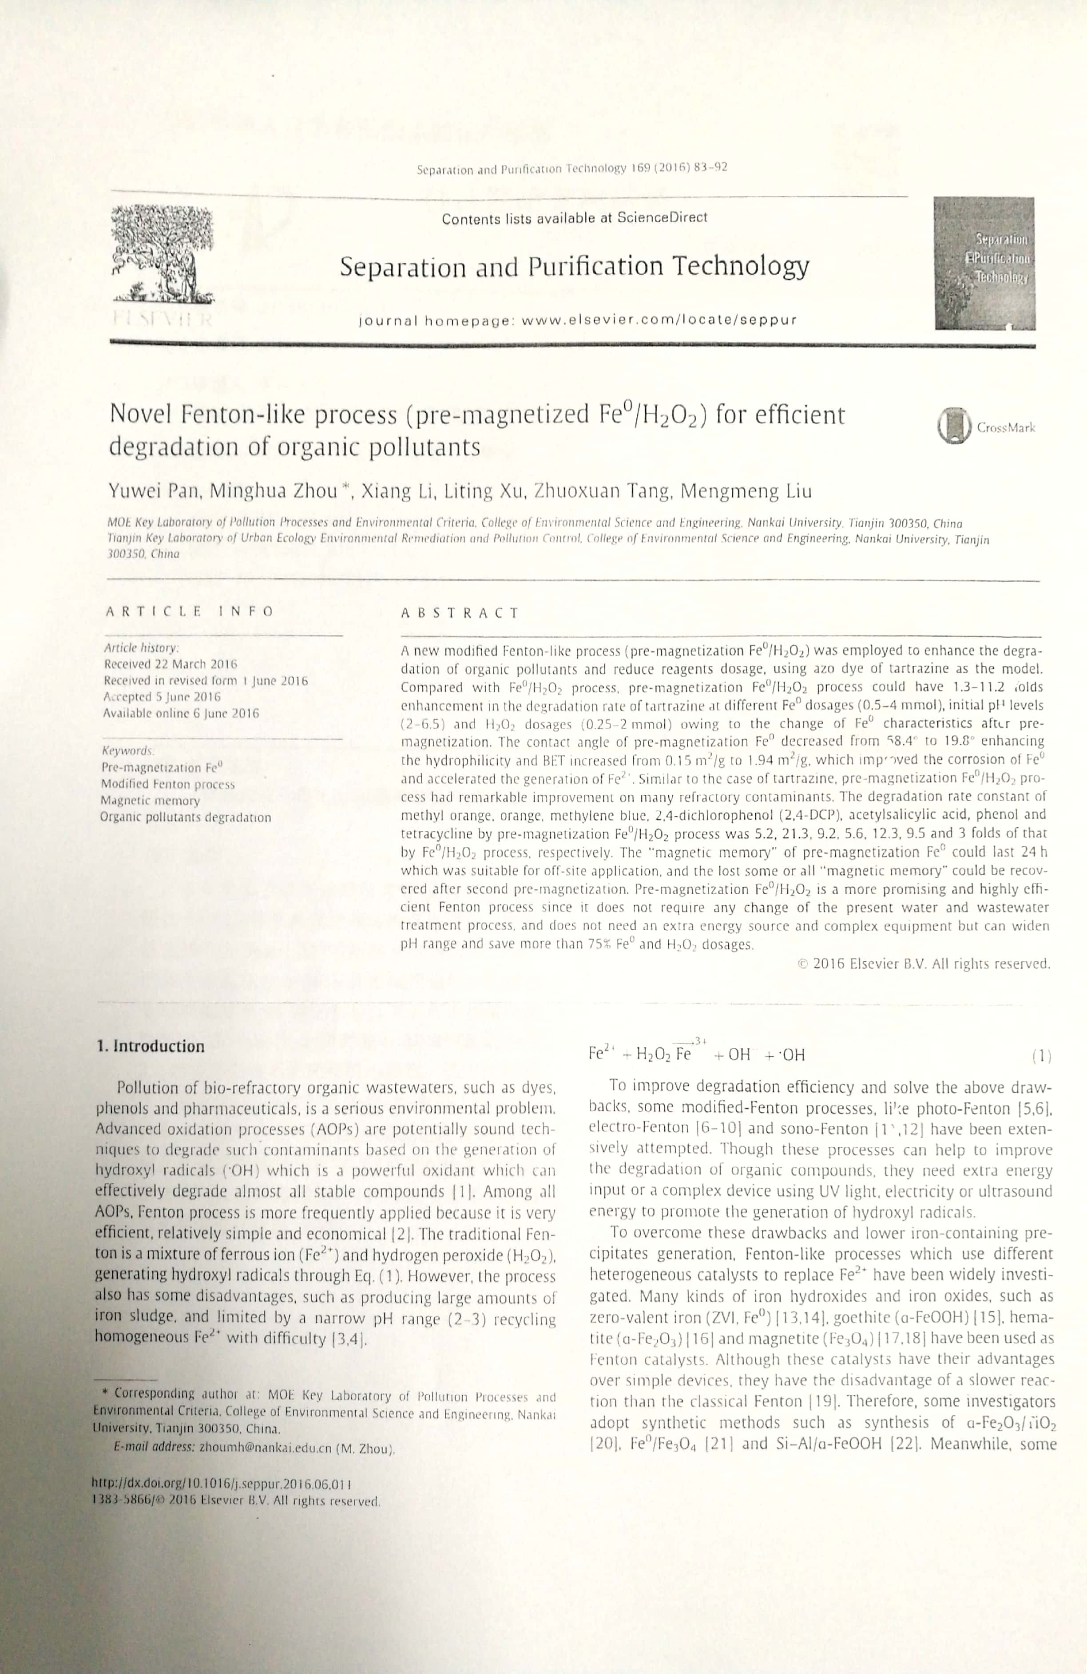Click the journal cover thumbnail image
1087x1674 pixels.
[x=984, y=263]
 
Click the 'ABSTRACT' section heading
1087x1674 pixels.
[x=460, y=612]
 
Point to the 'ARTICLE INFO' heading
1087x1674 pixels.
[x=189, y=611]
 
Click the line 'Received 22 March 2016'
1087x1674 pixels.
[x=171, y=664]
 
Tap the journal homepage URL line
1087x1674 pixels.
[x=577, y=320]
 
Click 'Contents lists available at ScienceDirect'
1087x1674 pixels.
[x=574, y=218]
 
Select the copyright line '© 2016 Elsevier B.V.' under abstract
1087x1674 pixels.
[x=924, y=964]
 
